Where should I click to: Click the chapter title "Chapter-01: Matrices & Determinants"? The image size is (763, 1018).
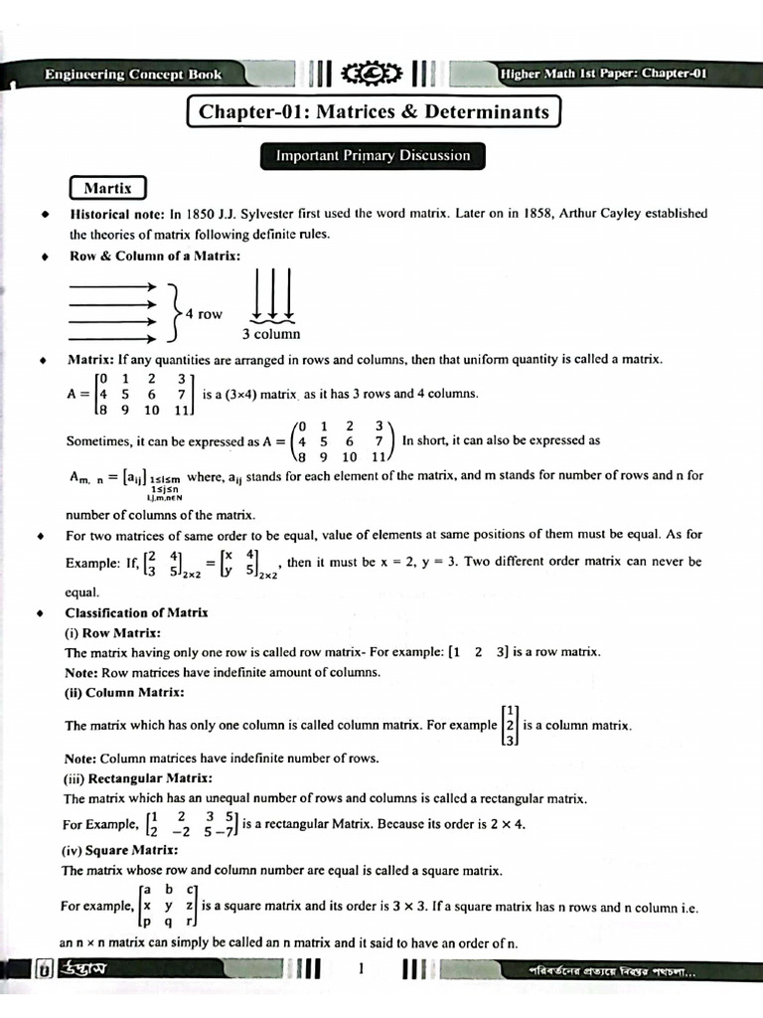374,111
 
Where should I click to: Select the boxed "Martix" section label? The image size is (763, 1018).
107,188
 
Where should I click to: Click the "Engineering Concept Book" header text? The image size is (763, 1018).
132,75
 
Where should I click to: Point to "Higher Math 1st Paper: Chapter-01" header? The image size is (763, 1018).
603,75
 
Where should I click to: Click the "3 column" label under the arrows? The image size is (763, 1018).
270,334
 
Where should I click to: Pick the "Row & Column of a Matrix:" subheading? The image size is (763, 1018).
154,255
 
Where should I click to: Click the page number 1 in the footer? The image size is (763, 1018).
363,969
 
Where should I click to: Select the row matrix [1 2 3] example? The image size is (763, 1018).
479,652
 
